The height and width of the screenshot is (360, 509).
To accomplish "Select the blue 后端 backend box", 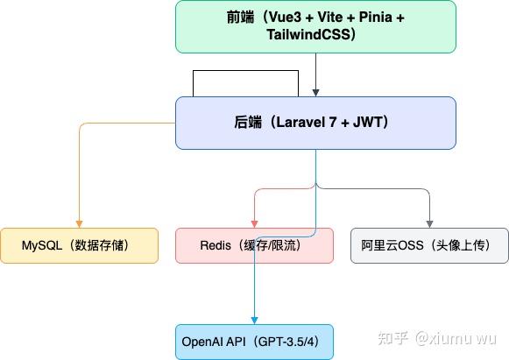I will click(x=315, y=123).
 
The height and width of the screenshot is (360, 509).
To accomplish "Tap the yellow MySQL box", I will click(x=79, y=245).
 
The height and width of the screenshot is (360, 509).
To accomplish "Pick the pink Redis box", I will click(x=254, y=245).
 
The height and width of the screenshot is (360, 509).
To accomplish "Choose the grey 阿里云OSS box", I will click(x=429, y=245).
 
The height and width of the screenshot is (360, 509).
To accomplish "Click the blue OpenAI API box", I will click(x=254, y=341).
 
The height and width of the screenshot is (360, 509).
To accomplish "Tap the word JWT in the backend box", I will click(x=375, y=124).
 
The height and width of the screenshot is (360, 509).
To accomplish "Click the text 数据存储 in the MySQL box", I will click(x=103, y=246).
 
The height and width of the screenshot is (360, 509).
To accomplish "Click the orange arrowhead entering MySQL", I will click(x=79, y=223).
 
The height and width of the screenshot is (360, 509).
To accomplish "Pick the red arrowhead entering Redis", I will click(x=254, y=223).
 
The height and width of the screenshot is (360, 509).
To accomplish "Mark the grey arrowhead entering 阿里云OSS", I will click(x=429, y=223).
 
